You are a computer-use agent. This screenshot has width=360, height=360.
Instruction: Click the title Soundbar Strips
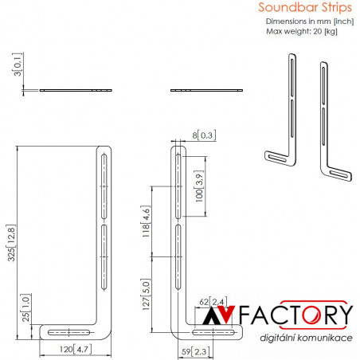pos(305,7)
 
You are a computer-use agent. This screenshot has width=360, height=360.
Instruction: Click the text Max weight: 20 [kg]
pos(302,31)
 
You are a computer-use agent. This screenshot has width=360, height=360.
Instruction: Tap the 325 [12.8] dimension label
pos(11,243)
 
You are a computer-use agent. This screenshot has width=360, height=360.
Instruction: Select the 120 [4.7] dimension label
pos(76,349)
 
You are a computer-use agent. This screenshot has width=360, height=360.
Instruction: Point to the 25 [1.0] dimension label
pos(25,308)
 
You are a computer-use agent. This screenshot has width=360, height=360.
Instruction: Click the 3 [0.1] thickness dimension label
pos(18,65)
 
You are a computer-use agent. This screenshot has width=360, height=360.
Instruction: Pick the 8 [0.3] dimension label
pos(204,135)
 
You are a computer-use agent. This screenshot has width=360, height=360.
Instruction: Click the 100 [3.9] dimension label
pos(199,186)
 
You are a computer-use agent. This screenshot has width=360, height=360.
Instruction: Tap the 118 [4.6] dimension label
pos(146,221)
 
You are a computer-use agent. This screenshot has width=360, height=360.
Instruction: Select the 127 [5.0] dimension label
pos(146,295)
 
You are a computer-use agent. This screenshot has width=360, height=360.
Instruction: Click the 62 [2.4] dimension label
pos(213,302)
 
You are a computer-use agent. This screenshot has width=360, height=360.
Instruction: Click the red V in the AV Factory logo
pos(226,314)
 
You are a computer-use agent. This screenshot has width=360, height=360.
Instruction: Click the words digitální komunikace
pos(306,338)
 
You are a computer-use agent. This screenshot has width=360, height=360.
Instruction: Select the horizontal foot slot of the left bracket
pos(68,332)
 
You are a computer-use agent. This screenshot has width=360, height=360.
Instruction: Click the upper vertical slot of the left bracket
pos(104,186)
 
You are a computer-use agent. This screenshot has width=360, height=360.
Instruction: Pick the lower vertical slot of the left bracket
pos(104,257)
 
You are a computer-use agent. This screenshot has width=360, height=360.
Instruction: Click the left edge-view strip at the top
pos(76,90)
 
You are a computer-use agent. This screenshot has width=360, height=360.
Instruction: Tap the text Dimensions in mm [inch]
pos(310,22)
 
